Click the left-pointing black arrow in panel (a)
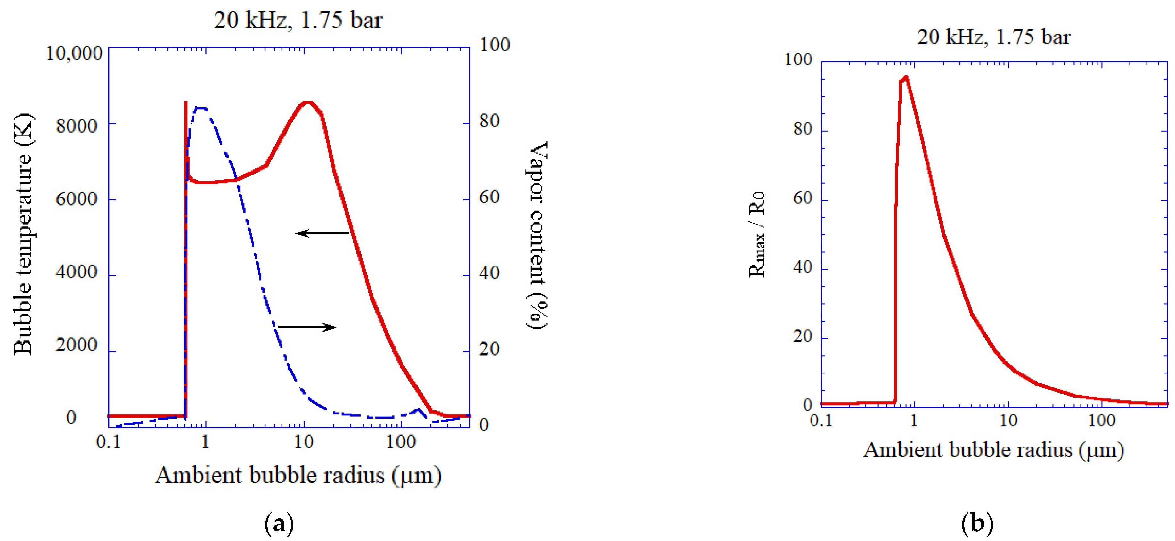(x=322, y=233)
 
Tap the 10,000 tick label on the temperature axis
(x=74, y=53)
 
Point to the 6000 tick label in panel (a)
(x=76, y=199)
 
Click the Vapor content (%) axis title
(x=537, y=234)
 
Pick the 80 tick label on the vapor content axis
(x=489, y=121)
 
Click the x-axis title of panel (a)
(x=298, y=475)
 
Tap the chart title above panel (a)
(x=298, y=20)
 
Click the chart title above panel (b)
(x=993, y=37)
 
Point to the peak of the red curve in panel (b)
(x=906, y=77)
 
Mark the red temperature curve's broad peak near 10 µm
(x=308, y=102)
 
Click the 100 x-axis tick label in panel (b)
(x=1102, y=420)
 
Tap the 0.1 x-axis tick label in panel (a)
(x=108, y=442)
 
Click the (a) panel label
(x=279, y=524)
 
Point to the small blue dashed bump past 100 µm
(x=418, y=410)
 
